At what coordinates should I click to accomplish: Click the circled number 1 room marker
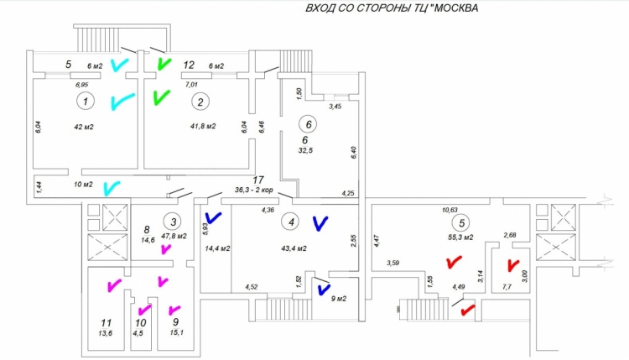tap(85, 102)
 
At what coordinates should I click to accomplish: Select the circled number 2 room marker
tap(200, 102)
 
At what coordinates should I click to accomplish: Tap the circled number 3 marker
tap(173, 222)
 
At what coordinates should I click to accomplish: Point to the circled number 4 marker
tap(291, 222)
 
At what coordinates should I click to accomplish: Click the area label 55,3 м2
tap(460, 237)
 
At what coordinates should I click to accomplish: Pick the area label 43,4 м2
tap(294, 248)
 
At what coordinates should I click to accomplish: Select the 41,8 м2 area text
tap(203, 126)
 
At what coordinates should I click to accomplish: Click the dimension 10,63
tap(450, 210)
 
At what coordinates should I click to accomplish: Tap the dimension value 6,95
tap(81, 85)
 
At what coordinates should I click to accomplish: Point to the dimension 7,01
tap(191, 85)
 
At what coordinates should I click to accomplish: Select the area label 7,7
tap(507, 287)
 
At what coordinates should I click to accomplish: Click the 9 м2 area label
tap(338, 299)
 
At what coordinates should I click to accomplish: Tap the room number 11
tap(106, 323)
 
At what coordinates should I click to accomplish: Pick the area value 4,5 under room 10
tap(138, 332)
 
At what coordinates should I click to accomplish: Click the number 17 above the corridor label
tap(258, 180)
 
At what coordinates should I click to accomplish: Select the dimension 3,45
tap(335, 107)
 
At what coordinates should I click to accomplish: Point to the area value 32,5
tap(305, 150)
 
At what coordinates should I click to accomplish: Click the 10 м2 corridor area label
tap(83, 185)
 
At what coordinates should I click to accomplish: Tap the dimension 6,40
tap(353, 153)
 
